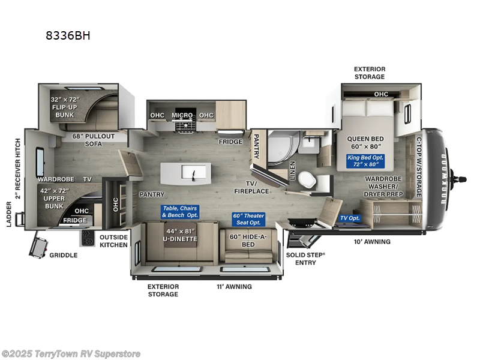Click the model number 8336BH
(x=68, y=35)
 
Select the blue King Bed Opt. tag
(x=365, y=161)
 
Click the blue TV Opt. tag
(x=350, y=218)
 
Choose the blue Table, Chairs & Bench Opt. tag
(x=179, y=212)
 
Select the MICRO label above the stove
(x=182, y=115)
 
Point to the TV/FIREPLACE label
(x=251, y=187)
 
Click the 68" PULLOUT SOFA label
(x=93, y=139)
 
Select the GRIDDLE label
(x=64, y=255)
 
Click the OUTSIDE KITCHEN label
(x=113, y=241)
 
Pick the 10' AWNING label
(x=372, y=242)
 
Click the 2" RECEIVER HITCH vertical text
(x=17, y=174)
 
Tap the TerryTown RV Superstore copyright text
(x=71, y=353)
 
